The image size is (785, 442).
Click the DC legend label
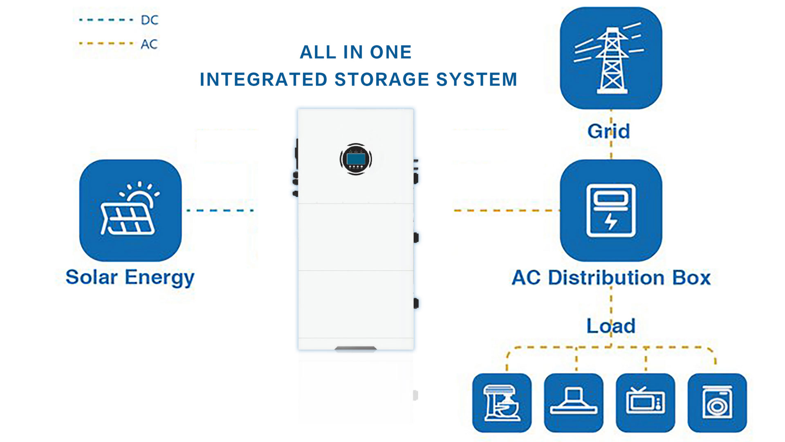point(149,20)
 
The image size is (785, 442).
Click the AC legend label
point(149,44)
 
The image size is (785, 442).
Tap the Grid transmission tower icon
point(611,58)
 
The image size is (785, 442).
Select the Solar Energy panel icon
point(130,210)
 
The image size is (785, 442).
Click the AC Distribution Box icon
point(611,210)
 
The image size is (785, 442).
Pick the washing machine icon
point(717,403)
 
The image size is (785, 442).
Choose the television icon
point(645,403)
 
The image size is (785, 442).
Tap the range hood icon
point(574,403)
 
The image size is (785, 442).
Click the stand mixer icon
point(502,403)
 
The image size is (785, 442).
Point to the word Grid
point(608,131)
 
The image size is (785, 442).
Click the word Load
point(611,326)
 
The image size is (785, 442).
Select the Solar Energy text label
point(130,277)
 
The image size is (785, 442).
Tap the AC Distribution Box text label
point(611,277)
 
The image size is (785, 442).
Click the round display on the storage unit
point(356,159)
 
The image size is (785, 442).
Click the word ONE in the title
point(390,52)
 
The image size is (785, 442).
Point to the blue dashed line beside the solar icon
point(220,210)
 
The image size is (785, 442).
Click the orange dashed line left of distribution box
point(506,210)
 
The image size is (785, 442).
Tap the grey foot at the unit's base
point(356,349)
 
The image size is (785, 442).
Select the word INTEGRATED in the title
point(263,79)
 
